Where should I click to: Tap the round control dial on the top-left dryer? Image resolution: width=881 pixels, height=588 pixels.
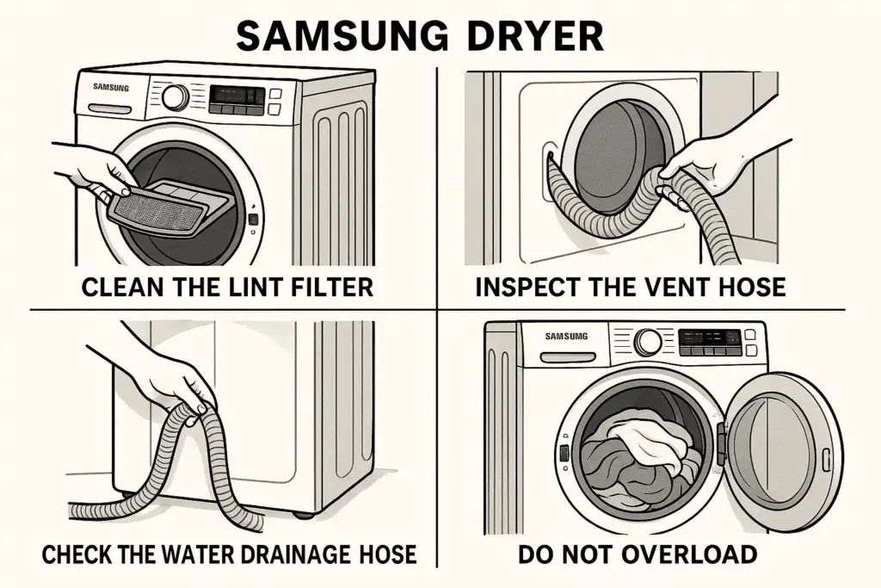[x=176, y=96]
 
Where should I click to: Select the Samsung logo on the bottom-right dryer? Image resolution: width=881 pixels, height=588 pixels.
[x=566, y=336]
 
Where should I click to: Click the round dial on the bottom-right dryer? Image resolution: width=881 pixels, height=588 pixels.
[x=648, y=342]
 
